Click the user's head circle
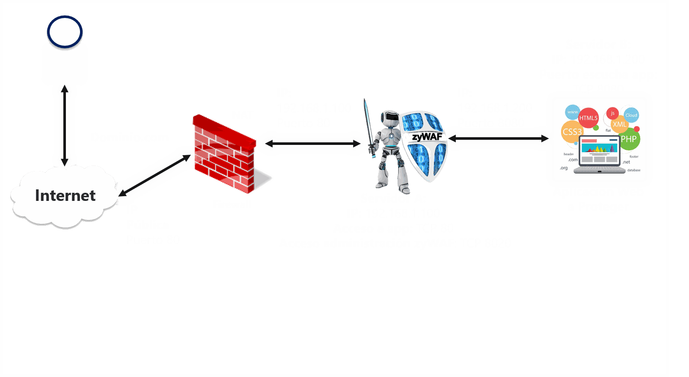pos(65,32)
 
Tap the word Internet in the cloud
pos(65,196)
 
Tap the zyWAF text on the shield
pos(427,137)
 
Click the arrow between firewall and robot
pos(312,144)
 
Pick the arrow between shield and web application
pos(498,138)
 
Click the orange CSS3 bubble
pos(572,132)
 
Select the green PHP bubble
pos(629,139)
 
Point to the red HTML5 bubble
pos(588,118)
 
